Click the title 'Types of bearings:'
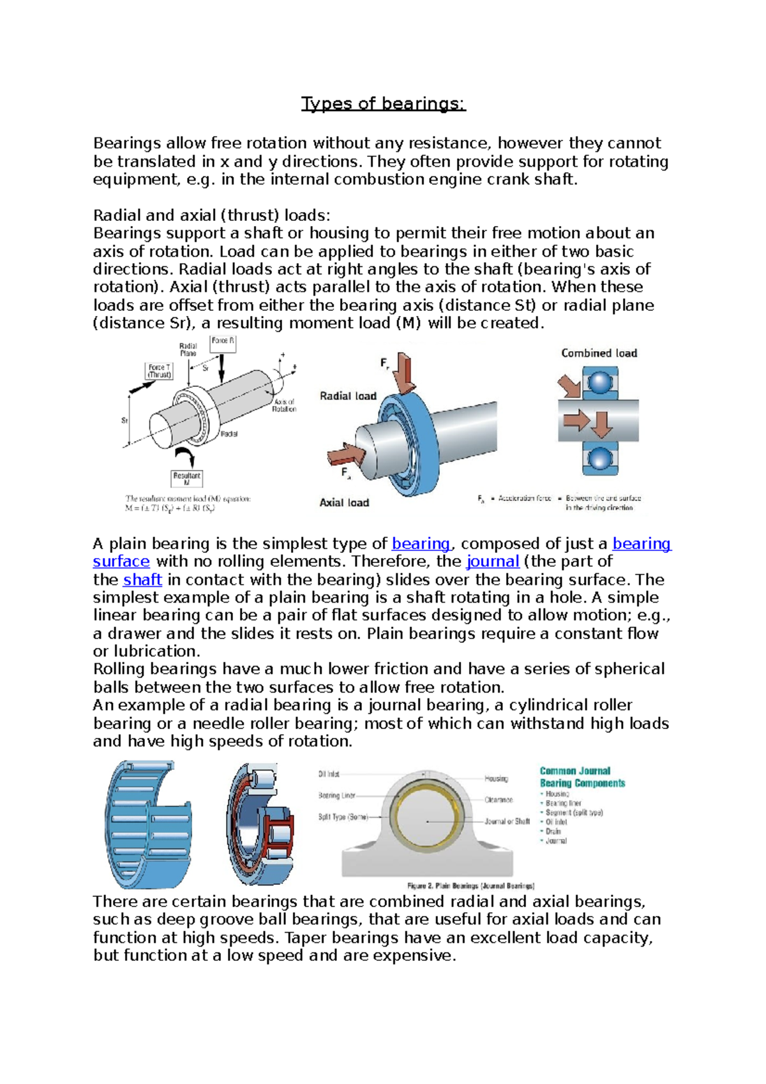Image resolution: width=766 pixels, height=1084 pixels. [383, 103]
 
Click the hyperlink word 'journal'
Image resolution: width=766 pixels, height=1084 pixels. [493, 562]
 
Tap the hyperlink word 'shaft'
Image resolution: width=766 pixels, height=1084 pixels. [142, 580]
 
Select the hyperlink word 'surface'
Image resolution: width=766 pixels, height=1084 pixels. [121, 562]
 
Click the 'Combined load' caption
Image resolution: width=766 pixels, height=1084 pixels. [599, 353]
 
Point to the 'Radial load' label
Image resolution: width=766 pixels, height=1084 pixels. [348, 396]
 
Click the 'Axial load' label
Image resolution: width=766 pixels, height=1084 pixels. [344, 502]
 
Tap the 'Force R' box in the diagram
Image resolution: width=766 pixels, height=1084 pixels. [222, 342]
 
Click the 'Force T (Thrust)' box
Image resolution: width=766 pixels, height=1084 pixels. [160, 371]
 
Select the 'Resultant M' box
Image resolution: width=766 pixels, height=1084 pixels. [186, 478]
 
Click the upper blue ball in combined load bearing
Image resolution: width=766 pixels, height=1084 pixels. [599, 382]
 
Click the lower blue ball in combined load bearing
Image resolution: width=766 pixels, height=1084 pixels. [599, 458]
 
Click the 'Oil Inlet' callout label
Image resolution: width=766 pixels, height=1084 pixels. [329, 774]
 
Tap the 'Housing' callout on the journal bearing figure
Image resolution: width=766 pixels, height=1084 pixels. [496, 778]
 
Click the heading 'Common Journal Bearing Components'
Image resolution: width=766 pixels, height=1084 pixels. [582, 777]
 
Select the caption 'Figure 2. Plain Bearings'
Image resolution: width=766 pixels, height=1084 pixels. [470, 885]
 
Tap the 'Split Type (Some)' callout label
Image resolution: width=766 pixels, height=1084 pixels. [343, 817]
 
